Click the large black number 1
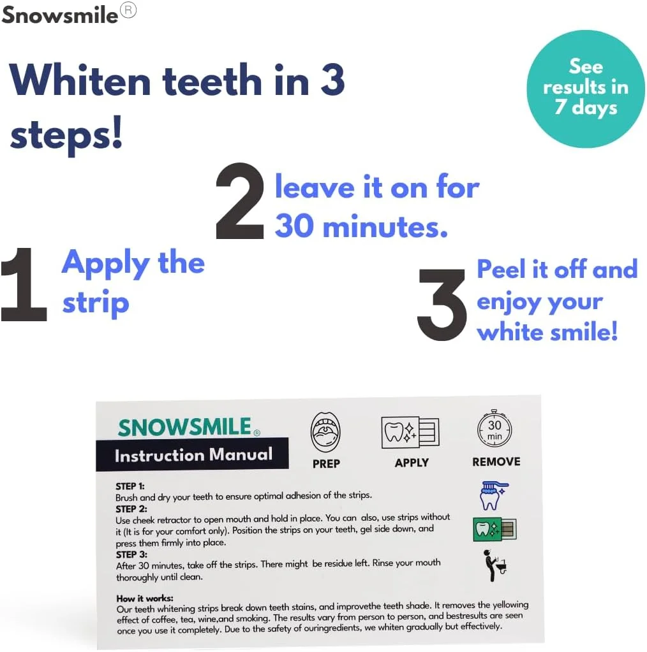click(x=24, y=285)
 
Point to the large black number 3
click(x=442, y=304)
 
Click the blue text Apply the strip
click(x=133, y=282)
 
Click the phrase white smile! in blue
click(x=547, y=331)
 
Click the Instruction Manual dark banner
click(x=193, y=454)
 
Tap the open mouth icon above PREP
click(x=325, y=431)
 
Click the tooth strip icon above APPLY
click(x=410, y=433)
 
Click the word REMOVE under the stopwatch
click(x=496, y=461)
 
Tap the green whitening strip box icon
click(x=494, y=528)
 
